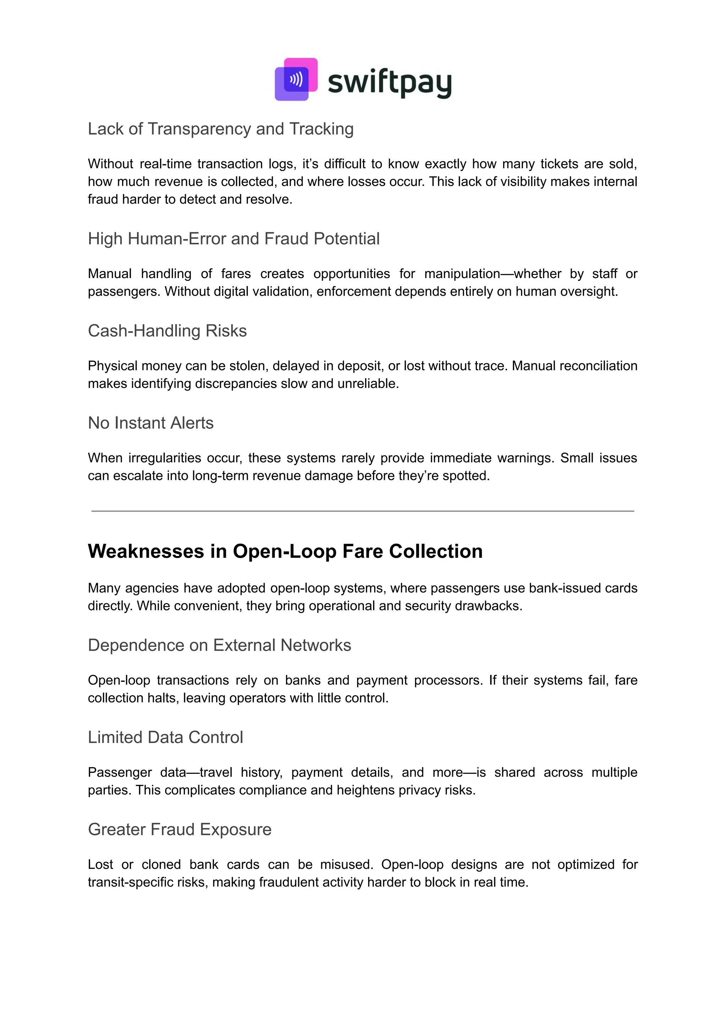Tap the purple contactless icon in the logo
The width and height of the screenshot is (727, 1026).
pos(296,79)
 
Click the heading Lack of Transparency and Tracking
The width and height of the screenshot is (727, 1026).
pos(220,129)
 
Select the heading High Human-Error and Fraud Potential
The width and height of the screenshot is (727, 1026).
pos(233,239)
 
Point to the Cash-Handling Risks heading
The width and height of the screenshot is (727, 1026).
pos(167,331)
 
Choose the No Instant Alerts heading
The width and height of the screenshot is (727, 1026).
pos(151,423)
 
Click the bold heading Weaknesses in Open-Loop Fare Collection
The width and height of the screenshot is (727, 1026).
pos(285,551)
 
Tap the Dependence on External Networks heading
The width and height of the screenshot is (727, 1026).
pos(219,645)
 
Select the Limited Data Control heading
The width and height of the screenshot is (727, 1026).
pos(165,738)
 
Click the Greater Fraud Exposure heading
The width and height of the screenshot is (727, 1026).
pos(180,830)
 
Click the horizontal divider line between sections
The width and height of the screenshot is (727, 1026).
pos(362,511)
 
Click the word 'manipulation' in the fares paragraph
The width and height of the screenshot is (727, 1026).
pos(461,274)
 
